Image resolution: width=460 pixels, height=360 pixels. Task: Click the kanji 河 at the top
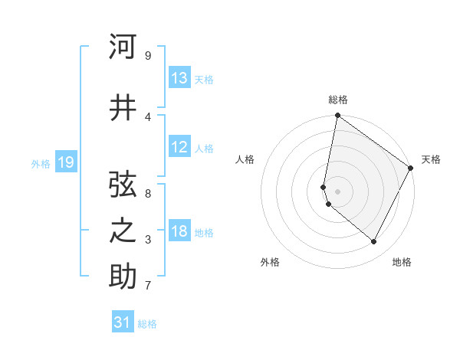(x=123, y=47)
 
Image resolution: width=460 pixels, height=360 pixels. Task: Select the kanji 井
(x=123, y=108)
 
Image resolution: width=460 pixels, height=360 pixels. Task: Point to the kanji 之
(x=123, y=231)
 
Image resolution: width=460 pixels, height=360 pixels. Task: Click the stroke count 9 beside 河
(x=147, y=56)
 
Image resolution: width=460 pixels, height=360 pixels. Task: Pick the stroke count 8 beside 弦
(x=147, y=194)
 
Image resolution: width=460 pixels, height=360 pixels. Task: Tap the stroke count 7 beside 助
(x=147, y=286)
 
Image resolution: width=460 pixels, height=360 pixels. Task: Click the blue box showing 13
(x=179, y=79)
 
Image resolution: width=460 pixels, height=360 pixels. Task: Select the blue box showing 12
(x=179, y=148)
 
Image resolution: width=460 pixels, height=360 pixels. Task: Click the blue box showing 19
(x=65, y=162)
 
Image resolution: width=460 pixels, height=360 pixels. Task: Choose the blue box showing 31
(x=123, y=323)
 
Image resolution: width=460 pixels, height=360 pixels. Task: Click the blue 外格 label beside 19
(x=40, y=163)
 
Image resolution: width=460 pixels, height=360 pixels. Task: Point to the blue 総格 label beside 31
(x=147, y=324)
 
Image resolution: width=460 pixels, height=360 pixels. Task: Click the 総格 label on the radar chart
(x=337, y=100)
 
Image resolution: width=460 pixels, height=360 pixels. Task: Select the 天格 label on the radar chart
(x=431, y=159)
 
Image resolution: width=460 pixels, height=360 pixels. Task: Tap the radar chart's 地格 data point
(x=374, y=242)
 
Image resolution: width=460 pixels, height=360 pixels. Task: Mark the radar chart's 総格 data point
(x=337, y=116)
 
